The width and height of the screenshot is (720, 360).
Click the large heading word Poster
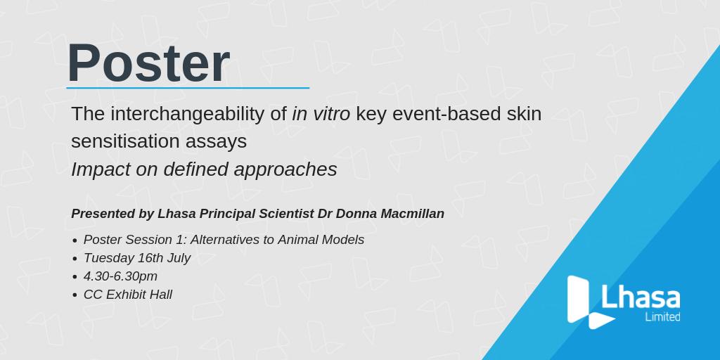(x=148, y=63)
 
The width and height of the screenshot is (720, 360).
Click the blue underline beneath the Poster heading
(x=188, y=88)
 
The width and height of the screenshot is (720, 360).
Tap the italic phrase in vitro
(x=321, y=113)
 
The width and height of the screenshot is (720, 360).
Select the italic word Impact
(x=100, y=169)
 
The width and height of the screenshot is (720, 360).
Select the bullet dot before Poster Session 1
(x=75, y=240)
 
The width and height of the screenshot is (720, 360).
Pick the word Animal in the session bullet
(x=305, y=240)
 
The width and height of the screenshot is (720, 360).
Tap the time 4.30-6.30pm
(x=120, y=276)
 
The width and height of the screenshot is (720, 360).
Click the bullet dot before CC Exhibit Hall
(x=75, y=295)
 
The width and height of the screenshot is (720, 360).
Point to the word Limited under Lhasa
(x=662, y=317)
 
